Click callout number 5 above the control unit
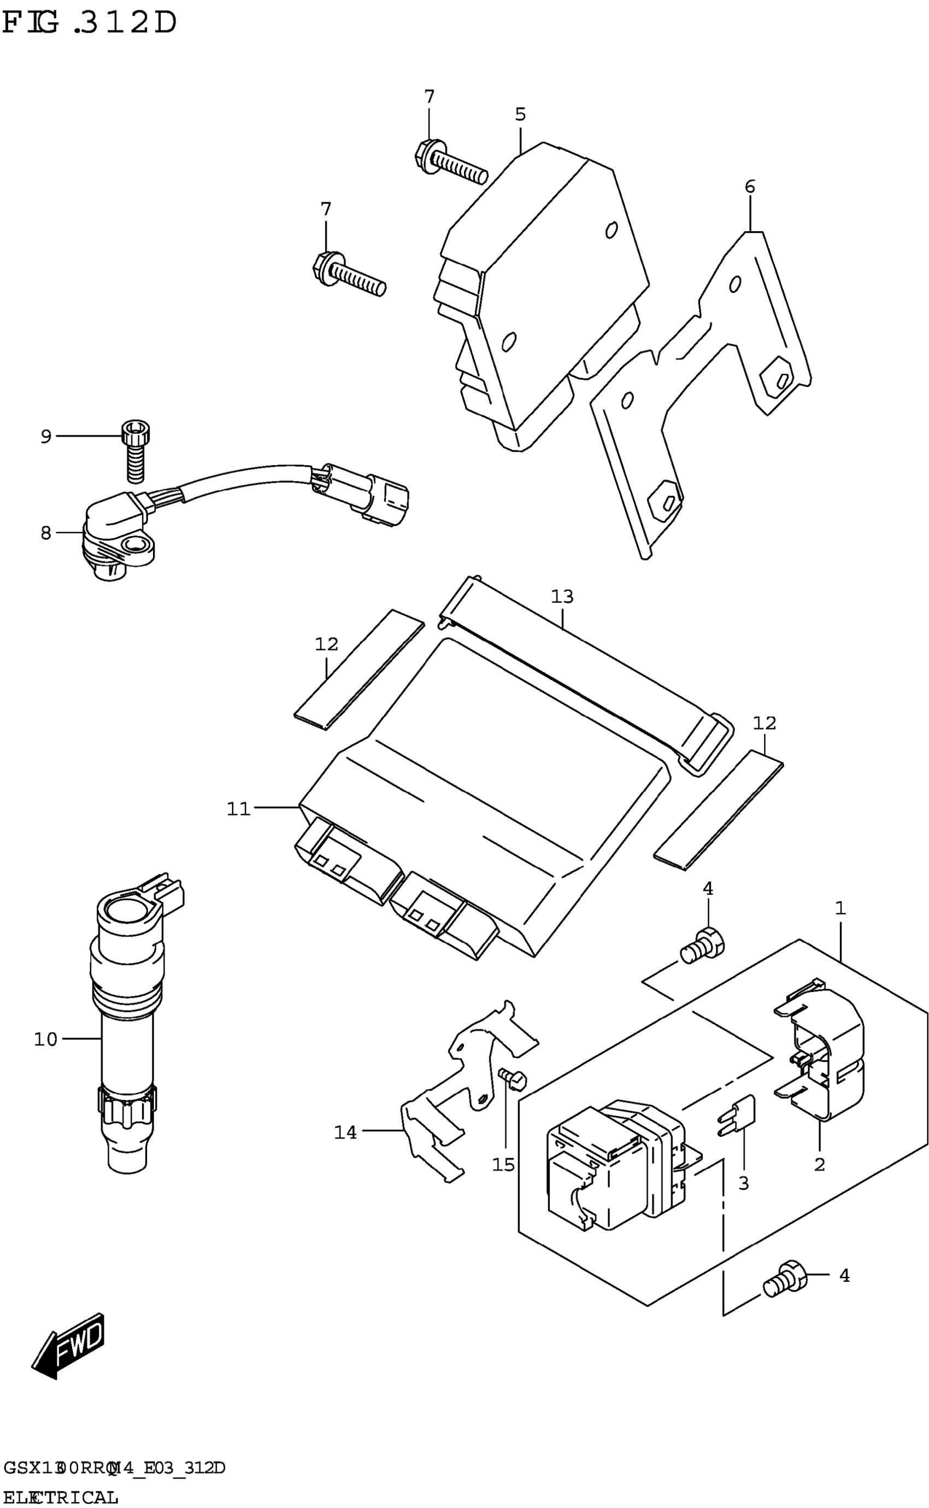[520, 114]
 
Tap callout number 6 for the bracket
[750, 186]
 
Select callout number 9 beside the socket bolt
[46, 436]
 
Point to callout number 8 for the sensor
[46, 533]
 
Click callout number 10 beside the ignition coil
[45, 1039]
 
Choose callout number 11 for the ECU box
[239, 809]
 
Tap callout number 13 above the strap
[562, 596]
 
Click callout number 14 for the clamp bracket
[345, 1132]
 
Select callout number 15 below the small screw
[503, 1165]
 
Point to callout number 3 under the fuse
[743, 1183]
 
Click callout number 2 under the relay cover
[819, 1165]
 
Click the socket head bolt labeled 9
[136, 451]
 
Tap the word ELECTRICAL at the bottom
[60, 1497]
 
